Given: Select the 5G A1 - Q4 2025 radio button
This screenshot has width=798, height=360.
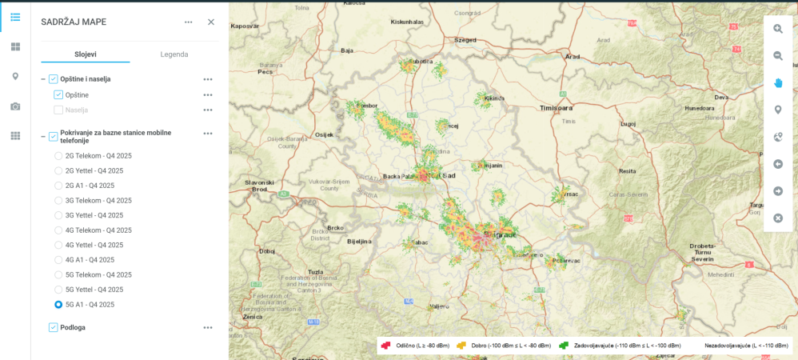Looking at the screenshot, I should [58, 305].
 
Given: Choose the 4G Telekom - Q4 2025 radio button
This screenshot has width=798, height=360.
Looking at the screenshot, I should [58, 230].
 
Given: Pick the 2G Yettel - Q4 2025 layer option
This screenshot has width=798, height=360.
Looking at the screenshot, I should [58, 170].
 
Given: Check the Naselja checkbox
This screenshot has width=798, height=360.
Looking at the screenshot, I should [58, 110].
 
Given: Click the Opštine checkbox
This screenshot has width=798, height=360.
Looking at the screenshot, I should [58, 95].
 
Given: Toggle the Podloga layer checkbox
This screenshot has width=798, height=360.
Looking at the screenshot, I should [54, 327].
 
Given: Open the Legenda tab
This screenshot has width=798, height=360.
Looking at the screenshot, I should [174, 54].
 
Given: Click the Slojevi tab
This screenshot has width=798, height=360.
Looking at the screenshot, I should [86, 54].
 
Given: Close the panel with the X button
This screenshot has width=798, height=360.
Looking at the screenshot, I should [211, 22].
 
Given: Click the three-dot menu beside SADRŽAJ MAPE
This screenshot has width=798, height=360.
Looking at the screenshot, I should [189, 22].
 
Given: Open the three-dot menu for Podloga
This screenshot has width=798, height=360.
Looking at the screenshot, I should [208, 327].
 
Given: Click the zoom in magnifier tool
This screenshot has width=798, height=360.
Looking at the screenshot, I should [778, 29].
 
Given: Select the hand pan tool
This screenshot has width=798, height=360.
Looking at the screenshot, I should [778, 83].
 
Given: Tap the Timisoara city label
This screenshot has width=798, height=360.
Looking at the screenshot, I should [557, 107].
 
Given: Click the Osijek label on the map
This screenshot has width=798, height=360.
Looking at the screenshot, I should [324, 134].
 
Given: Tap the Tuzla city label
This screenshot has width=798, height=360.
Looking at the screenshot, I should [316, 272].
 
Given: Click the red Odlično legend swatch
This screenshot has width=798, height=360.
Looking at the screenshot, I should [385, 346].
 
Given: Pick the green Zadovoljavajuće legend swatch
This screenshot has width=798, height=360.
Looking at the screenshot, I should [564, 346].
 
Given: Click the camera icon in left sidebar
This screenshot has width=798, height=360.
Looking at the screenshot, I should [15, 106].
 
